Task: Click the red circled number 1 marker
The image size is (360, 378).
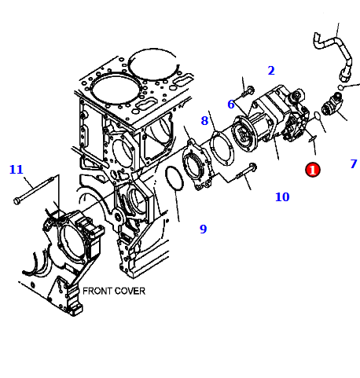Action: pos(313,170)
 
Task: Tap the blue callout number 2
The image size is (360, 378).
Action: pos(271,71)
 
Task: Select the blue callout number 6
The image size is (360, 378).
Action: pos(231,105)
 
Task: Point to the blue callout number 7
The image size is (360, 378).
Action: pos(354,164)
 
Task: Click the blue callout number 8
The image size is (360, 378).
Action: pos(204,121)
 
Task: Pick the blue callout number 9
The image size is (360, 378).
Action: pos(204,229)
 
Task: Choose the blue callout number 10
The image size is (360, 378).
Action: pos(282,197)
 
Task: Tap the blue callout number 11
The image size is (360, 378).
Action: pos(17,170)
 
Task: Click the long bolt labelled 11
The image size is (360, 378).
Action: pos(34,190)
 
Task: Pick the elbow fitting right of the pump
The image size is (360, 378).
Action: pos(332,105)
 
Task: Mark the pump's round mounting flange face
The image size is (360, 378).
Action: pos(244,134)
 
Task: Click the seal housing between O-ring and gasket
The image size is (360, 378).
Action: pos(197,164)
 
